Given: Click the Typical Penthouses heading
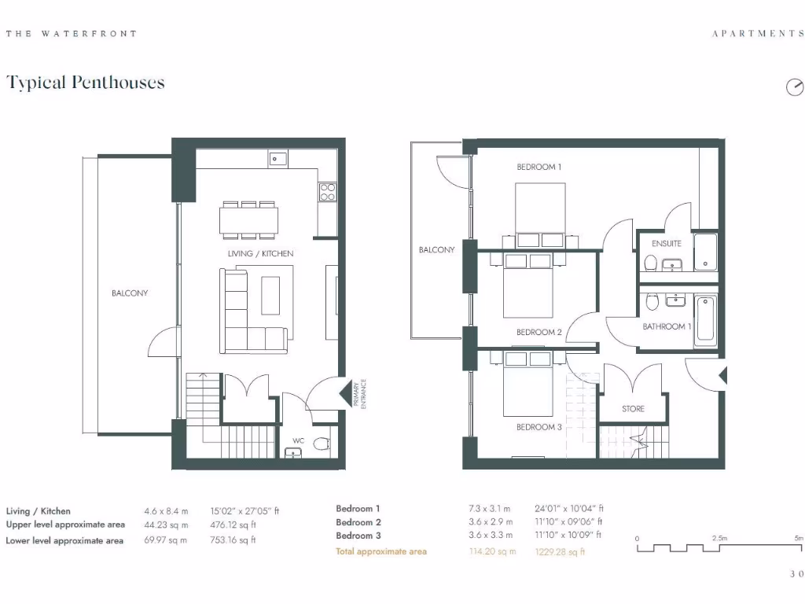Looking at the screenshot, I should (x=86, y=83).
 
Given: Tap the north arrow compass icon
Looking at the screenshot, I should (x=795, y=87).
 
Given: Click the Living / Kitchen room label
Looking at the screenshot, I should (x=261, y=253).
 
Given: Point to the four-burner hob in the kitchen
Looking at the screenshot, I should (x=327, y=192).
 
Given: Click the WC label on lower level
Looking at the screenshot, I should (x=298, y=440).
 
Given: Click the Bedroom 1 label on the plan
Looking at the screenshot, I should (x=539, y=167).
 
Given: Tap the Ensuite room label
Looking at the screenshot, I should (x=666, y=243).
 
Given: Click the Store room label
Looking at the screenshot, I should (x=633, y=408).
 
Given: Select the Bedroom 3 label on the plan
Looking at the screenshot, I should (x=539, y=427).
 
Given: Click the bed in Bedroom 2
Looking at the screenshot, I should (x=528, y=287).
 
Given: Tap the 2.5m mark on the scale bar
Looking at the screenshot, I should (x=719, y=538).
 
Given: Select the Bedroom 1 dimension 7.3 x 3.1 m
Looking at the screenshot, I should (x=490, y=509).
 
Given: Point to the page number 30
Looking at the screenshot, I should (x=796, y=574).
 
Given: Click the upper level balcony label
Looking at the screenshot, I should (x=436, y=249).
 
